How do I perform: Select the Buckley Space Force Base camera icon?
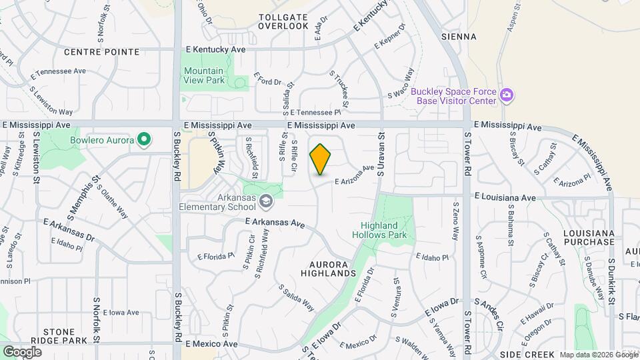point(507,95)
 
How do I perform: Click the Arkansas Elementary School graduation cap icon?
point(265,201)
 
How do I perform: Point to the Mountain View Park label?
point(204,75)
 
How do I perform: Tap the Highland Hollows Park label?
point(383,230)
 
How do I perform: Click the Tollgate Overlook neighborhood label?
point(283,21)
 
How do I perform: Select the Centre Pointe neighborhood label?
point(102,51)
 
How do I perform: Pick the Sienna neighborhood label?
point(459,37)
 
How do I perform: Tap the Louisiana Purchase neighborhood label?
point(588,237)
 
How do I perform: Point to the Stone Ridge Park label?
point(65,335)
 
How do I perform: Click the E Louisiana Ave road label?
point(505,197)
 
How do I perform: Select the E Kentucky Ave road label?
point(216,49)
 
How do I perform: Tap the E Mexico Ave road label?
point(211,344)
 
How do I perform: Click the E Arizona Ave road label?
point(355,176)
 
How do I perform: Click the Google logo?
point(22,351)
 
